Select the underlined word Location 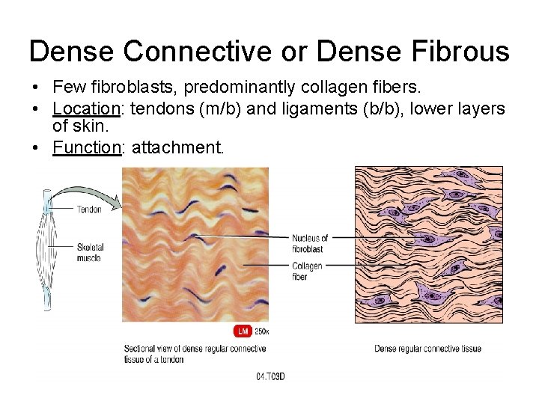coord(87,109)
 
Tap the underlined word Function coord(87,147)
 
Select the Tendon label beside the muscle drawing coord(89,209)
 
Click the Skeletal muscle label coord(90,251)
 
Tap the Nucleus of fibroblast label coord(309,243)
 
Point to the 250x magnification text coord(261,331)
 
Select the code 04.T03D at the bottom coord(270,376)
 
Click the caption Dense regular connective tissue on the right coord(427,349)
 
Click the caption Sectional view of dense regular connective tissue coord(195,354)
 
